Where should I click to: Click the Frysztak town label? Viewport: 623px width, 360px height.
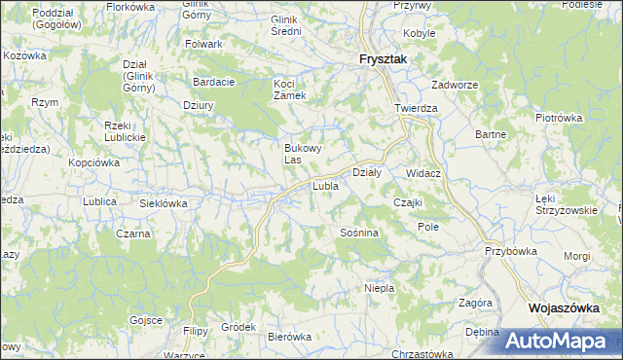[x=382, y=59]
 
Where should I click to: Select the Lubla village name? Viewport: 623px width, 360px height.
[x=324, y=185]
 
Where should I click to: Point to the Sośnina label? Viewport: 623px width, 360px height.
[x=358, y=234]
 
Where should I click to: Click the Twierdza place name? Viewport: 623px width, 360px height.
[x=416, y=108]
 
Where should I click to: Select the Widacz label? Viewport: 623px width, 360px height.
[x=424, y=173]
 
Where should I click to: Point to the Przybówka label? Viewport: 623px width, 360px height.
[x=511, y=250]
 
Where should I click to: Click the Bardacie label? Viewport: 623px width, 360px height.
[x=214, y=82]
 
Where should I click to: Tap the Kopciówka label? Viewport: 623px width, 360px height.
[x=93, y=162]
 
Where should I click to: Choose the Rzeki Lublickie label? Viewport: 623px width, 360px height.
[x=125, y=131]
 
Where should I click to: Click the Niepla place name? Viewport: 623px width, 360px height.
[x=379, y=288]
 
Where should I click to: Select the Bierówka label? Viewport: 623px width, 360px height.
[x=288, y=337]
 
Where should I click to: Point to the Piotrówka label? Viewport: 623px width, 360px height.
[x=558, y=118]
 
